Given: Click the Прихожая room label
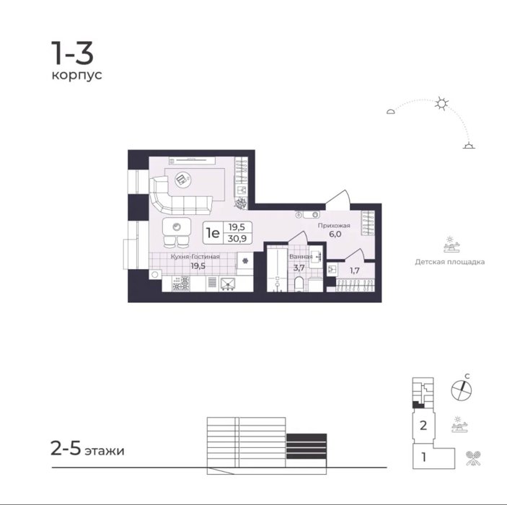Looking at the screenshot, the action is pos(334,226).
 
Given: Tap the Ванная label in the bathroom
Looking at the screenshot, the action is pos(301,257).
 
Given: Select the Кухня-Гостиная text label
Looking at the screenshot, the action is pos(195,257).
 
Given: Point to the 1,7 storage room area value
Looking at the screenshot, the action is pos(355,271).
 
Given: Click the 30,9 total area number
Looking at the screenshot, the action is pos(237,239).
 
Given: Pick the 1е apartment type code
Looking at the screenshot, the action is pos(213,232).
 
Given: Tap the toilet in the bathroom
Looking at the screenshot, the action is pos(300,284).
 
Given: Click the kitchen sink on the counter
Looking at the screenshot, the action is pos(228,284).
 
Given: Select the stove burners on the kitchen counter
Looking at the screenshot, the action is pos(181,284).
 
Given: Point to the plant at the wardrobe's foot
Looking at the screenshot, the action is pos(241,203).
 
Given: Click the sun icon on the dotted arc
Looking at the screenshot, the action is pos(441,103).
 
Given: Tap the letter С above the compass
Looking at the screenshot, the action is pos(467,377).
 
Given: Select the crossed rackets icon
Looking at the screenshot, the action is pos(473,458).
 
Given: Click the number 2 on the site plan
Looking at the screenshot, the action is pos(423,426).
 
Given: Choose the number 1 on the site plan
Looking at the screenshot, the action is pos(423,457).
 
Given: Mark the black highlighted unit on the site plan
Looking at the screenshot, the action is pos(418,404).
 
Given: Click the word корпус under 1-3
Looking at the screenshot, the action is pos(76,75).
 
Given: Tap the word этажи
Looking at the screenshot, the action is pos(105,451).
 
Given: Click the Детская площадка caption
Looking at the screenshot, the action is pos(450,262).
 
